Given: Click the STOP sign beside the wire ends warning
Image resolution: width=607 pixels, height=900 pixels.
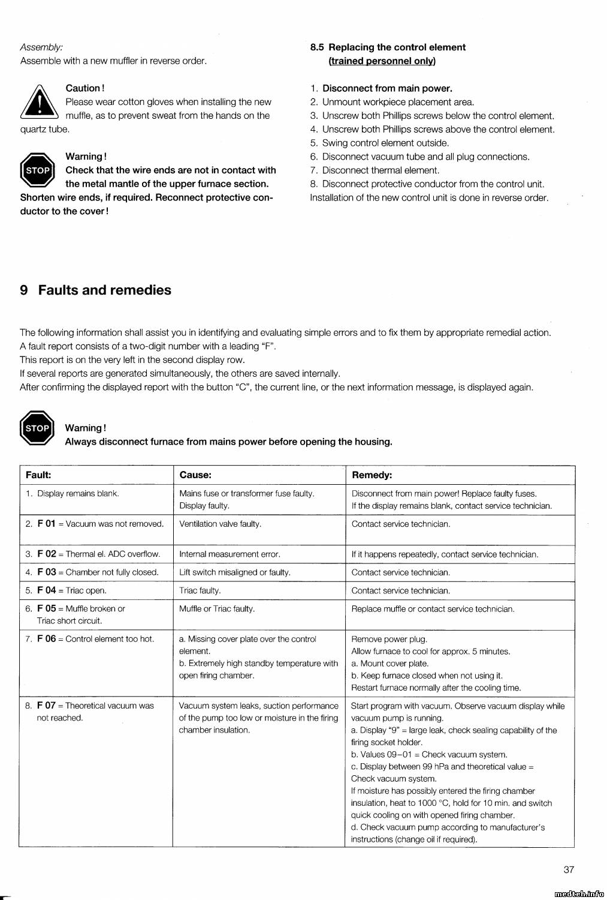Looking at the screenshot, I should (37, 170).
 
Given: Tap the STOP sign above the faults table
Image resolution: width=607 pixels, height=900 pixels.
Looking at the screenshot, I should (37, 428).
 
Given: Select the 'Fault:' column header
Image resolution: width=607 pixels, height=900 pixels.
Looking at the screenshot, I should (38, 475).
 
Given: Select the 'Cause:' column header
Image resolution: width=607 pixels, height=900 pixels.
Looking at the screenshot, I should (195, 475).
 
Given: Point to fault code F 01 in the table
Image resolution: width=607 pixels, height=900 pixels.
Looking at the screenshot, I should (46, 524).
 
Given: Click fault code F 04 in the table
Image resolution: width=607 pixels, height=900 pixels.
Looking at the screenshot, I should (46, 590).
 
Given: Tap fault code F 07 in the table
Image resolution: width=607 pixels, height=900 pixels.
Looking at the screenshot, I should (46, 706).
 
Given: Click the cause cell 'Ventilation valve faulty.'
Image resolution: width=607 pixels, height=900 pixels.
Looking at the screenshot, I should (220, 524).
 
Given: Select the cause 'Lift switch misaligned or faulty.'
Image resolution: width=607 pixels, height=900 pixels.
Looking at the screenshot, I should (234, 572).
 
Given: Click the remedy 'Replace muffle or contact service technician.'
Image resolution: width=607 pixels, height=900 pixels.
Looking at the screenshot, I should (433, 609).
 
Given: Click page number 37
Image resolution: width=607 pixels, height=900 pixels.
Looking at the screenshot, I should (569, 869).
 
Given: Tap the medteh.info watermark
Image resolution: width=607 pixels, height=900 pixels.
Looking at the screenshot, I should (579, 894).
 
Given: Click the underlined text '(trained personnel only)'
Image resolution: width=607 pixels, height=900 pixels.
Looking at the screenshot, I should (382, 61).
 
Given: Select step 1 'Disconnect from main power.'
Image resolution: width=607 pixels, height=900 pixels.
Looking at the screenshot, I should (387, 88).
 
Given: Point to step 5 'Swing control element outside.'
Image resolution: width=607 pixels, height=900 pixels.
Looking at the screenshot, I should (385, 143).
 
